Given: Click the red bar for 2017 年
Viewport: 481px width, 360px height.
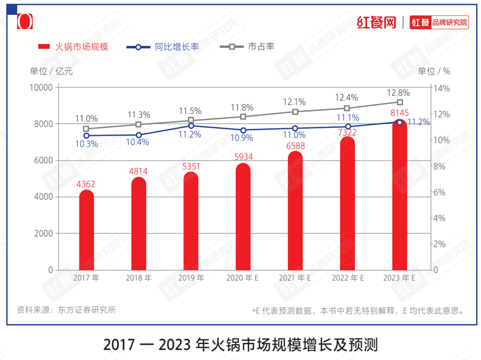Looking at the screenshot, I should [x=87, y=231].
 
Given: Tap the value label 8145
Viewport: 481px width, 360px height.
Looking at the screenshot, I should [x=399, y=113].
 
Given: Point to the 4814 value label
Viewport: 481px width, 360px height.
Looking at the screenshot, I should [x=138, y=171].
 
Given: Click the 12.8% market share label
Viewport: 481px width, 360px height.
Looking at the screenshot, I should [x=398, y=92].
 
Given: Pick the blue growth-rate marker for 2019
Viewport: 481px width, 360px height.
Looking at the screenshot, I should [x=191, y=126].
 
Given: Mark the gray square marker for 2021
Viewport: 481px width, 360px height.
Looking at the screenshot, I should [x=295, y=112].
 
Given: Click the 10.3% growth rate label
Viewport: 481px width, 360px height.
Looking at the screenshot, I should [x=87, y=144].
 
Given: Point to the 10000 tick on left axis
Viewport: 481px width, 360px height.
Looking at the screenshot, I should [x=41, y=88].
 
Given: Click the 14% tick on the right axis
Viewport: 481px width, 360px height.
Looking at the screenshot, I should [x=442, y=88].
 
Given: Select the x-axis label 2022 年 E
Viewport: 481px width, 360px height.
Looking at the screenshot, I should [x=348, y=279].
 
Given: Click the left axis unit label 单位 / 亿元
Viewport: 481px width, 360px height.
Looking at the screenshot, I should [x=51, y=70].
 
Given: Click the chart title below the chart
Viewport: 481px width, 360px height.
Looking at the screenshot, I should [x=240, y=345].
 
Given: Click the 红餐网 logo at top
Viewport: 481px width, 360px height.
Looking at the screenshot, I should [x=377, y=23].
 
